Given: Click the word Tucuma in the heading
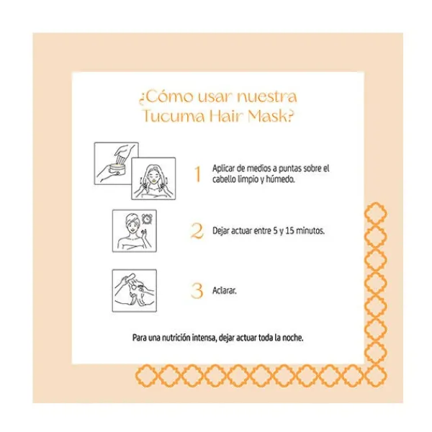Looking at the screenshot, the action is pos(174,116).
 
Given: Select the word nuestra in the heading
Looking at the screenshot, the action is pos(266,96).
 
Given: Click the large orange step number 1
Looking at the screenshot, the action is pos(197,174).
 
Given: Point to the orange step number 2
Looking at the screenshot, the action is pos(197,231).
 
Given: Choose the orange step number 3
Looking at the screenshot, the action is pos(197,291).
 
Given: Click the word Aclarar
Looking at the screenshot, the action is pos(224,290).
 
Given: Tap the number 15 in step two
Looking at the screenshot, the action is pos(290,230).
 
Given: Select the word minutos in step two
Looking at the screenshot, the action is pos(310,230).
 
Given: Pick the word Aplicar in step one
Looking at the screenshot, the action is pos(223,168).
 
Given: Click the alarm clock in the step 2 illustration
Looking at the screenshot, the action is pos(148,220).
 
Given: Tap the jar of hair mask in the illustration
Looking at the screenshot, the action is pos(119,169).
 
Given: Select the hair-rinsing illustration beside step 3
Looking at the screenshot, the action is pos(135,291).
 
